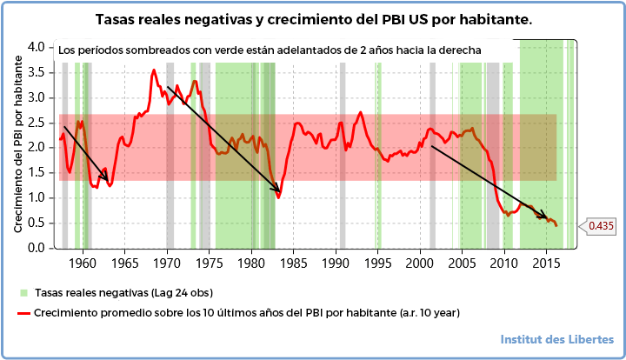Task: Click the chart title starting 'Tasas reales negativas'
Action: (314, 18)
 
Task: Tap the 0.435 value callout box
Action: (601, 226)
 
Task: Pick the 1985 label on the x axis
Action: (293, 263)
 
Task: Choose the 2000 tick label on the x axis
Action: (419, 263)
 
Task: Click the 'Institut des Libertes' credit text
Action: (557, 339)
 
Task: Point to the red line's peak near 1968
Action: (154, 70)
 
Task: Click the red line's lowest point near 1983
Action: (278, 197)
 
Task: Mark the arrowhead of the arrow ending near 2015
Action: (548, 217)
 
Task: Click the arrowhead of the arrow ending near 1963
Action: (109, 183)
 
